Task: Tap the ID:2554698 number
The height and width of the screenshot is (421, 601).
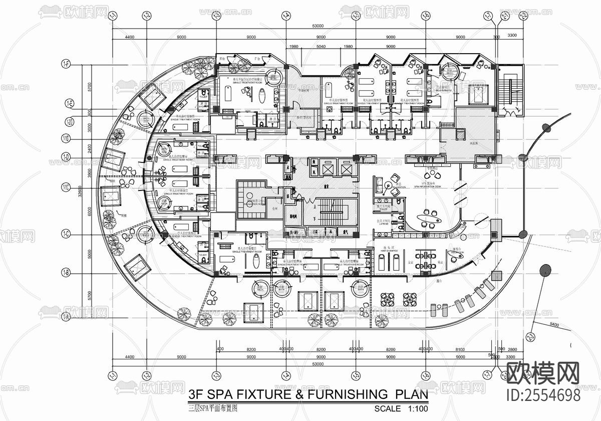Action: [544, 395]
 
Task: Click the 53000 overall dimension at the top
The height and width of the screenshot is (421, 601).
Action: [317, 26]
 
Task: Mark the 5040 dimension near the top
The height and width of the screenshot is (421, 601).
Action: [321, 47]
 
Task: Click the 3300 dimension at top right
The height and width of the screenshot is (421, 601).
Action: [512, 37]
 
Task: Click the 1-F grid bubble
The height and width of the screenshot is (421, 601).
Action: [66, 64]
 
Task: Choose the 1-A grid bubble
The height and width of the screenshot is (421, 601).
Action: [66, 317]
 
